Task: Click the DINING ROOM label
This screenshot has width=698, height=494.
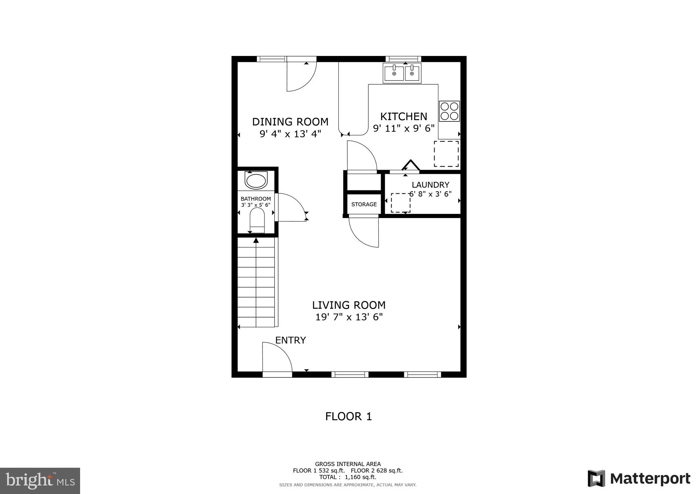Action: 290,122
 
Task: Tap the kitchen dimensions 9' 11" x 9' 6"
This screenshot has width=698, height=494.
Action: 404,129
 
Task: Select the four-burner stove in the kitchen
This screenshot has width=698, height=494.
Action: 449,111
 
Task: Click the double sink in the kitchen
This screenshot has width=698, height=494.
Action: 402,73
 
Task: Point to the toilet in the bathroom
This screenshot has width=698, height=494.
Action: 257,221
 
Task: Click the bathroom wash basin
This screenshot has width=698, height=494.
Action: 256,181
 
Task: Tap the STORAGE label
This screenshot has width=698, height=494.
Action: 364,204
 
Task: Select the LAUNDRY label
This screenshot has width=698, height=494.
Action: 430,185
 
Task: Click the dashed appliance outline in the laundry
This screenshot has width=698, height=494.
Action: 400,203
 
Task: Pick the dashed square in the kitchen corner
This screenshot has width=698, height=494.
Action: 446,154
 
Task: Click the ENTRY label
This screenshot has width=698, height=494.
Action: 290,340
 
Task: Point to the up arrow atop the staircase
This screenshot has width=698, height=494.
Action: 256,241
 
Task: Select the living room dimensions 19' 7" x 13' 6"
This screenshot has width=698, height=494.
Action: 349,317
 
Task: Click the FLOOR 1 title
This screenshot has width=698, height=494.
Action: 348,416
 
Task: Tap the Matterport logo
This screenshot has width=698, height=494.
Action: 639,479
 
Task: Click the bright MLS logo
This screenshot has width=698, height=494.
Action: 40,481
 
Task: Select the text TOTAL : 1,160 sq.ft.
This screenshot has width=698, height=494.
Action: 348,477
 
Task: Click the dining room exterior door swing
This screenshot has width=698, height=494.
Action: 301,77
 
